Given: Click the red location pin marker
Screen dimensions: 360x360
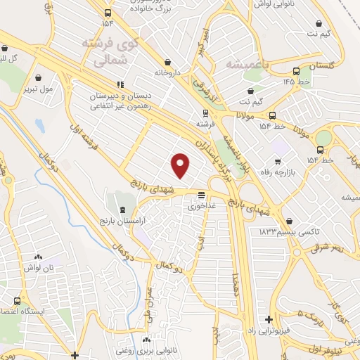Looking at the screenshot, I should pyautogui.click(x=181, y=166).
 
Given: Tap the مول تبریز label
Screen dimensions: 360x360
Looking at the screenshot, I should pyautogui.click(x=37, y=90).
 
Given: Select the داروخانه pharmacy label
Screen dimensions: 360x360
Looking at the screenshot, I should pyautogui.click(x=167, y=72).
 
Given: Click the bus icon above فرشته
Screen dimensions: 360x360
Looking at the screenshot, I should pyautogui.click(x=205, y=112).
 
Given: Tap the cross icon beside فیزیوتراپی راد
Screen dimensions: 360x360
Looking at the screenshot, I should pyautogui.click(x=269, y=319).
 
